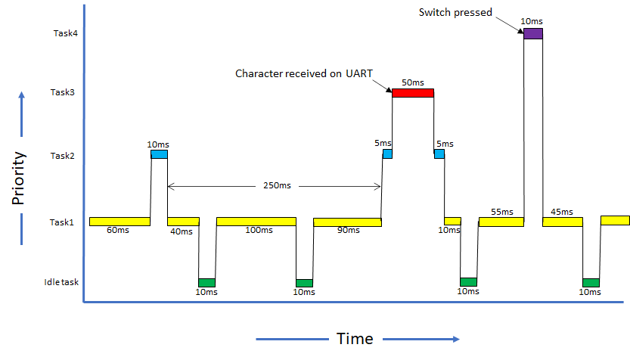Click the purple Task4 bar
tap(533, 33)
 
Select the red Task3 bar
tap(413, 93)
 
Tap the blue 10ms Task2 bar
tap(159, 154)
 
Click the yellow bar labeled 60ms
tap(119, 222)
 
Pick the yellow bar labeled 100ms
tap(256, 222)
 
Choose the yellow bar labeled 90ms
tap(347, 222)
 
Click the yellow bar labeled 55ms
tap(501, 222)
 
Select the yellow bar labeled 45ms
tap(563, 222)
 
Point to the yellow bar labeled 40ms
tap(183, 222)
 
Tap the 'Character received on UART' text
tap(304, 74)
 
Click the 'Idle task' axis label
tap(61, 283)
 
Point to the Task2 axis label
tap(64, 156)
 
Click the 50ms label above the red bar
tap(412, 82)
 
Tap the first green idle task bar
tap(206, 283)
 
